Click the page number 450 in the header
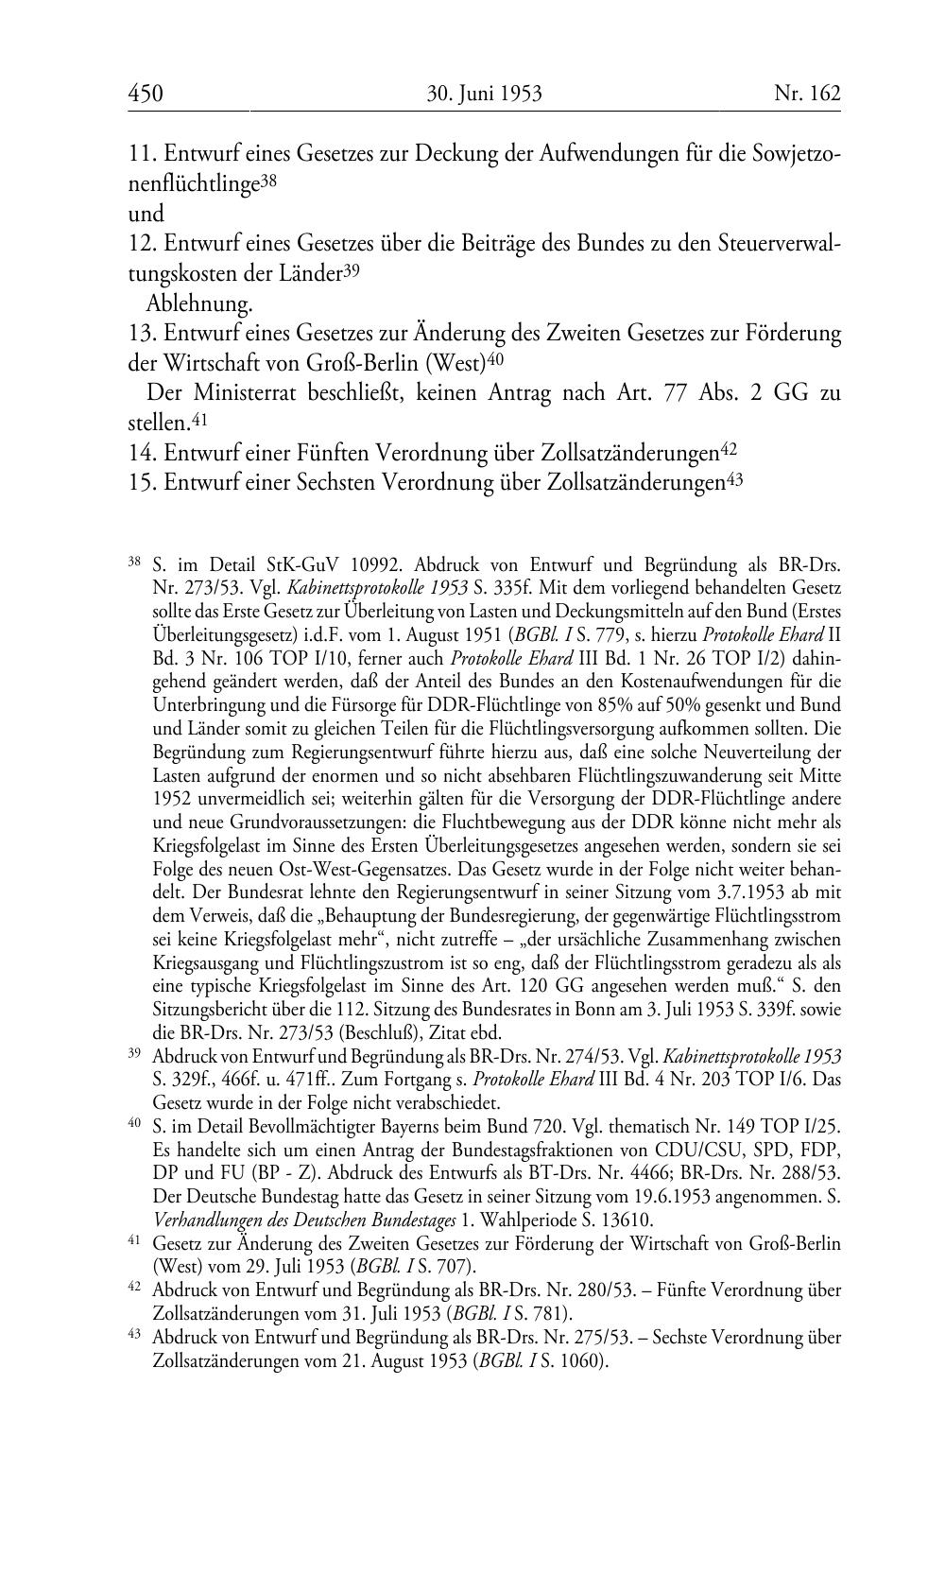click(146, 93)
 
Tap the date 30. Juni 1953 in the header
click(484, 93)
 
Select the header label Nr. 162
click(806, 93)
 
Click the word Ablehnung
click(199, 304)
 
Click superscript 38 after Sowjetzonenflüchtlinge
click(268, 179)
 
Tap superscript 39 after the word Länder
click(351, 270)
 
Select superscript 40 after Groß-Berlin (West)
click(497, 359)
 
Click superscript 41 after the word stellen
click(199, 417)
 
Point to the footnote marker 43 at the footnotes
click(134, 1336)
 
